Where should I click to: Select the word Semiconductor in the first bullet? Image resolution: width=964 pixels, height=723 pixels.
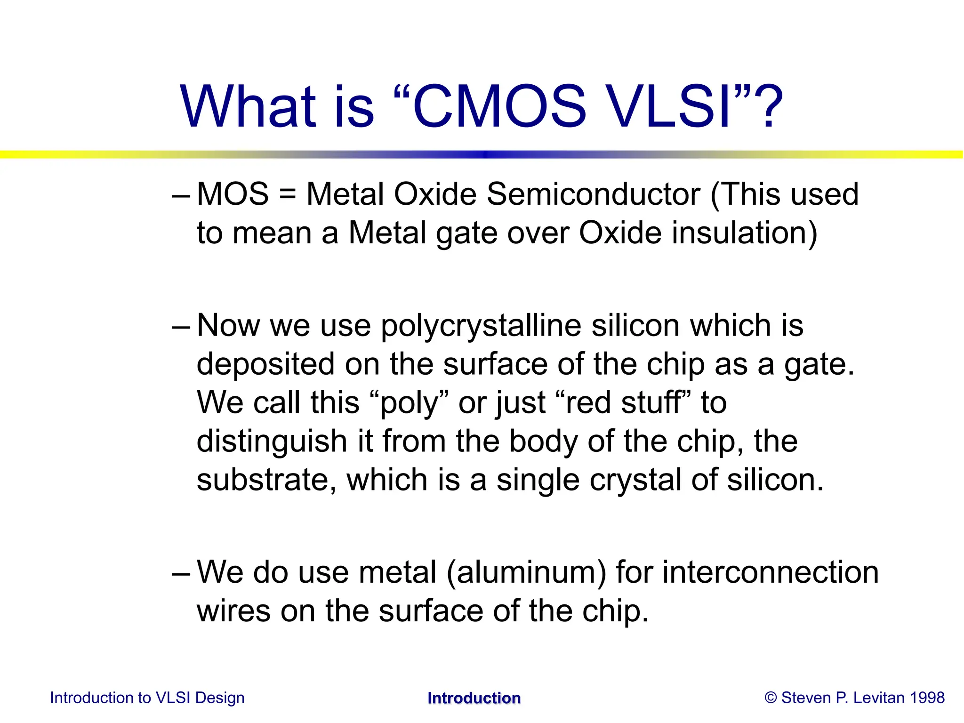click(593, 194)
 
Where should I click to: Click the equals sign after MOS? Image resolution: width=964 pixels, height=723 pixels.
click(287, 195)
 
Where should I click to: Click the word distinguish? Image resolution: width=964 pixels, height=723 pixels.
click(272, 442)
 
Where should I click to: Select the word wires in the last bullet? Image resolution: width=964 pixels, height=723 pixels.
click(233, 611)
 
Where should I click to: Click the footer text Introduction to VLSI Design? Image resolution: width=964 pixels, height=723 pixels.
click(147, 698)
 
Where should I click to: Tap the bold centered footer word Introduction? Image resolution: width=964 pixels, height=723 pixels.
click(474, 698)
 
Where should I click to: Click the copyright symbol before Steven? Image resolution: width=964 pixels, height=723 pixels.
click(771, 698)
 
